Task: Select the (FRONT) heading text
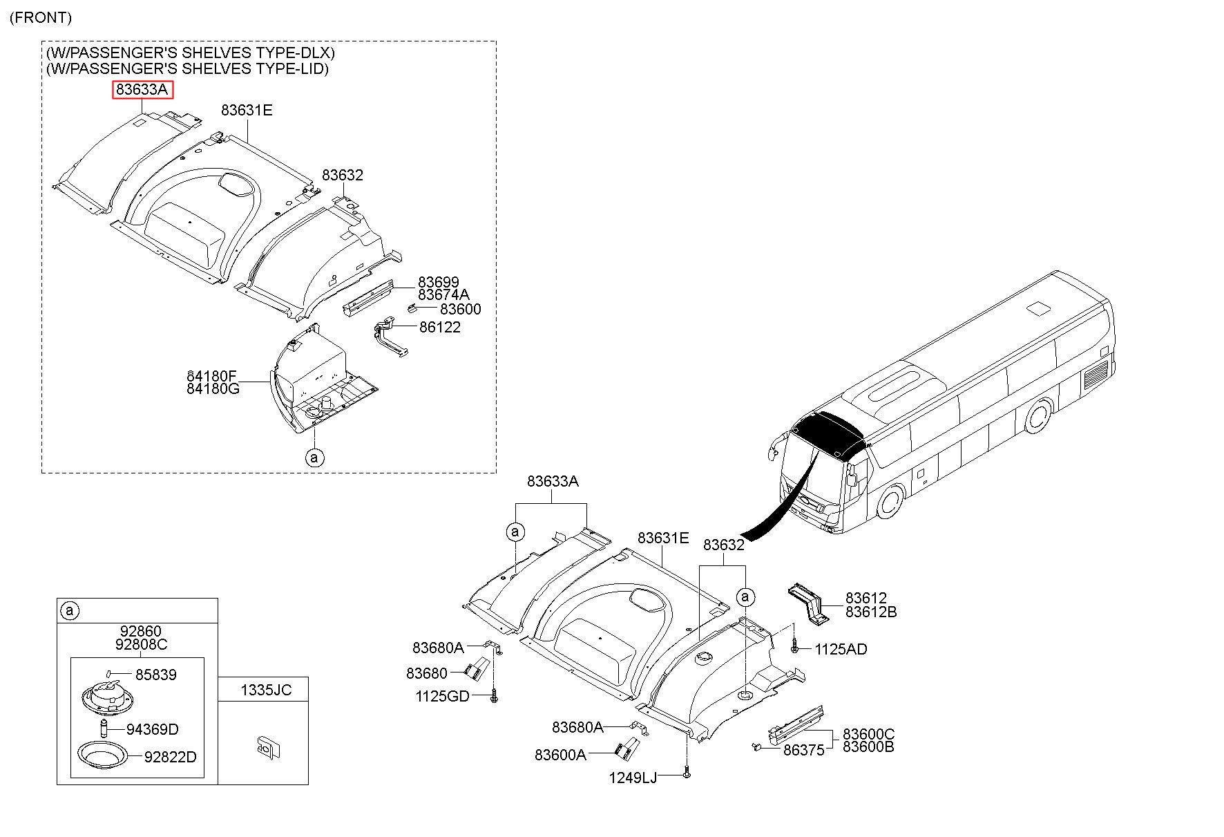pos(41,18)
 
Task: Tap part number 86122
pos(439,327)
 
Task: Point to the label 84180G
pos(213,389)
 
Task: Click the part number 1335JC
pos(266,690)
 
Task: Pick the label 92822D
pos(170,758)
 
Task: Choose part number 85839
pos(155,675)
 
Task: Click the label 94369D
pos(152,729)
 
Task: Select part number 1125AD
pos(841,649)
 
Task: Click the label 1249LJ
pos(632,778)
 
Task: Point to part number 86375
pos(803,750)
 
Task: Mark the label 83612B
pos(870,612)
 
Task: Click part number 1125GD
pos(442,697)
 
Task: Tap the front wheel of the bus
pos(890,502)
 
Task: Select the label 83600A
pos(560,755)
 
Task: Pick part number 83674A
pos(443,295)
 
